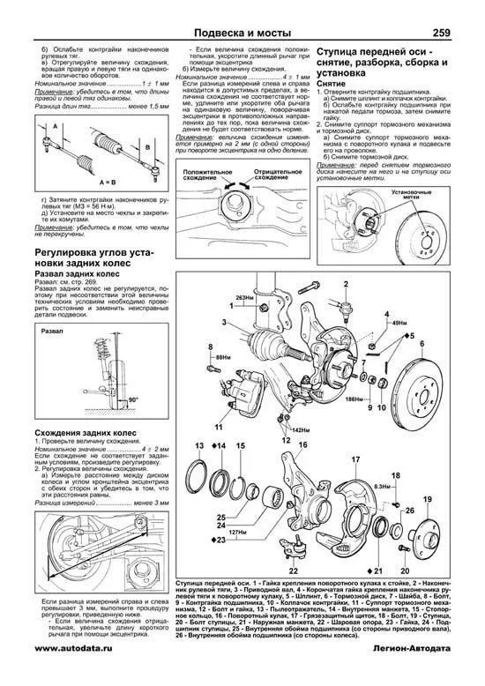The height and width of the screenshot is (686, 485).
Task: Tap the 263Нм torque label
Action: tap(235, 298)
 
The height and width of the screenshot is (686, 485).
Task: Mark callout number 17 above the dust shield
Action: tap(356, 460)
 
